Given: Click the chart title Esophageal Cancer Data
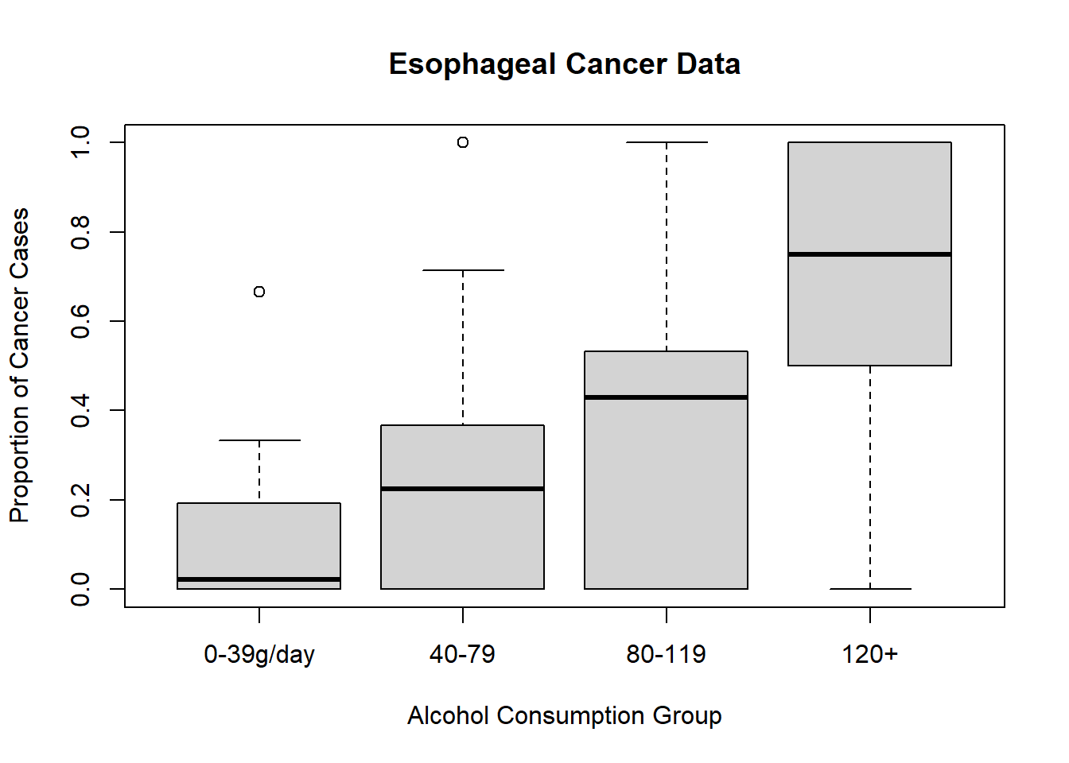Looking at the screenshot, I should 564,64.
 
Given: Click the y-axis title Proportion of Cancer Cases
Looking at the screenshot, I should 19,366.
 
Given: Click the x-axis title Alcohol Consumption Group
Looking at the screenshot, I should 564,715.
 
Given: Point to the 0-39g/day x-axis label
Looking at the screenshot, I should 259,654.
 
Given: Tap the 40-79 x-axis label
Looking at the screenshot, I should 462,654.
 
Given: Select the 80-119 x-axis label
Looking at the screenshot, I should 666,654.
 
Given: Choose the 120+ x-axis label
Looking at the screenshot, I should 869,654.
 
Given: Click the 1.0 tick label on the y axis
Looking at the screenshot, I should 80,142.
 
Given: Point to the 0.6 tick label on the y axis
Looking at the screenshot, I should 80,321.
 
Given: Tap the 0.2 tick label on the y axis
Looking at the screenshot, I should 80,500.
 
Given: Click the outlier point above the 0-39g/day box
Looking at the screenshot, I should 259,292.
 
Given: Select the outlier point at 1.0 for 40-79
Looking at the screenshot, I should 463,142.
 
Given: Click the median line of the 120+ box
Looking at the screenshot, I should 869,254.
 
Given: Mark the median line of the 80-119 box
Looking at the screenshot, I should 666,397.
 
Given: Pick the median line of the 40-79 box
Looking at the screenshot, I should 462,489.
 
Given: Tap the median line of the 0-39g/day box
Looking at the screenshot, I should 259,579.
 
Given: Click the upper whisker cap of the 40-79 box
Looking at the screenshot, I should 463,270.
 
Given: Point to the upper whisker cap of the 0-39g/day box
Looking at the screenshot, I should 259,440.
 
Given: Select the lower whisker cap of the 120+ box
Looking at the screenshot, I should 870,589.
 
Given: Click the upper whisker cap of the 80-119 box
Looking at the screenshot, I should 667,142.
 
